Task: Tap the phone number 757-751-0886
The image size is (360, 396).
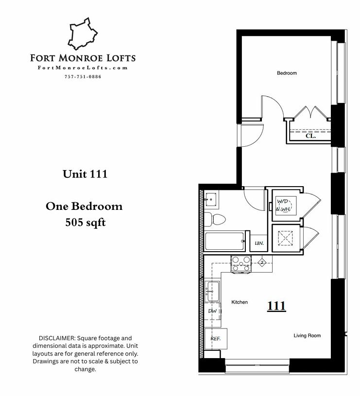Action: point(83,77)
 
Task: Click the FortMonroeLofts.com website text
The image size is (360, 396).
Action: point(83,68)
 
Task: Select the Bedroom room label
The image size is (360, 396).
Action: point(287,73)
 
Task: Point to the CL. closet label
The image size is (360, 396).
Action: point(310,136)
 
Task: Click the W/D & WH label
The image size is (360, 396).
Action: point(284,206)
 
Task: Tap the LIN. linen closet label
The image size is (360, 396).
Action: point(259,243)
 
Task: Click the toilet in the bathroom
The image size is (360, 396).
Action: point(215,220)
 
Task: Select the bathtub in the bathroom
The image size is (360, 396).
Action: point(224,241)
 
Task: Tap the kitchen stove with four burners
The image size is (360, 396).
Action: point(241,264)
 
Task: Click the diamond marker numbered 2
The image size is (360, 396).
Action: point(262,263)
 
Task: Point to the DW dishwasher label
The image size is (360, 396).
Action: point(213,311)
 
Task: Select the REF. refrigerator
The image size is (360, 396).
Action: point(216,339)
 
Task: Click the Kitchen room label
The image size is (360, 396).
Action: point(240,302)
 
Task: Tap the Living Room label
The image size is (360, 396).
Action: point(307,336)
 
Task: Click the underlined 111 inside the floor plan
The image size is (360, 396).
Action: point(276,306)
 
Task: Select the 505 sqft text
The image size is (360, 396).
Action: point(86,222)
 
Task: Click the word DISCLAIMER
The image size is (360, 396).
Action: point(57,338)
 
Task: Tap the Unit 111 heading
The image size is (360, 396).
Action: point(85,174)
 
